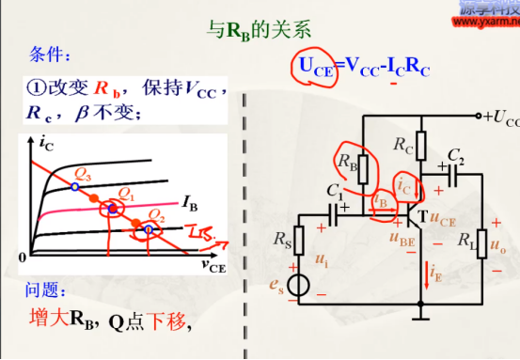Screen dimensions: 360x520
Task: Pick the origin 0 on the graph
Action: [23, 257]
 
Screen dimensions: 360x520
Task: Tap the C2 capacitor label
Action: [455, 155]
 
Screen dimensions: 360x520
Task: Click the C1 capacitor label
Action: [335, 192]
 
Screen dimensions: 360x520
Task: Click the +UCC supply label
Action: [499, 118]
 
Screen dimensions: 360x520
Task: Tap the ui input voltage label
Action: [323, 257]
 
